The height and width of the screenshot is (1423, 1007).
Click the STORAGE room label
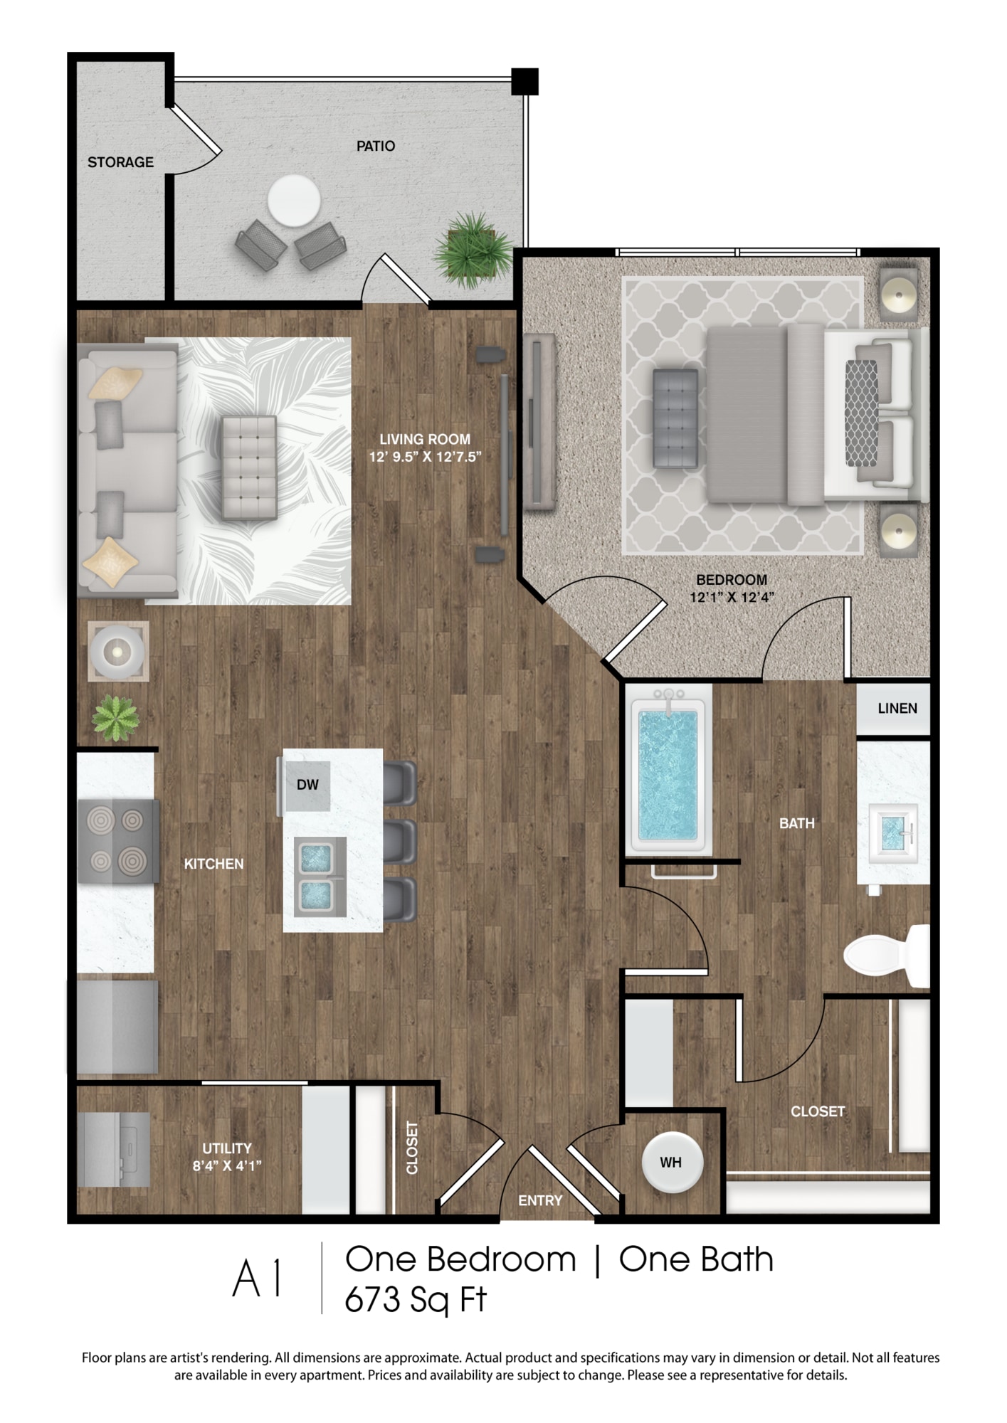point(120,162)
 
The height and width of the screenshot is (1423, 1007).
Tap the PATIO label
point(376,146)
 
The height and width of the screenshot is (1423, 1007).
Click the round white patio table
point(293,201)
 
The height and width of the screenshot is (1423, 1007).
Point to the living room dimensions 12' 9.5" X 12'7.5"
point(425,457)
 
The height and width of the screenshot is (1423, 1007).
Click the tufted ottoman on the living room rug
point(249,467)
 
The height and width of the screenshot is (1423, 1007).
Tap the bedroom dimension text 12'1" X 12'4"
point(732,598)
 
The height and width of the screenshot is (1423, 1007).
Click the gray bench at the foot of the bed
point(675,418)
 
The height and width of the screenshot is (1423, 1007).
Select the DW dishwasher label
point(307,785)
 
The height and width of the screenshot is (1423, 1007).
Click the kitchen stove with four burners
point(118,842)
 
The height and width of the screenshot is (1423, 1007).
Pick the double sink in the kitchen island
point(320,877)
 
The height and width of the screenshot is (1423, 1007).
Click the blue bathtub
point(668,773)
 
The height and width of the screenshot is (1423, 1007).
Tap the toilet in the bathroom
point(887,956)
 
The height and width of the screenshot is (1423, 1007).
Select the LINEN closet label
point(897,708)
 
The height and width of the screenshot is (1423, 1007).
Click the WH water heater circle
point(672,1162)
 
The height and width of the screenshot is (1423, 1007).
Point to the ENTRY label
point(540,1200)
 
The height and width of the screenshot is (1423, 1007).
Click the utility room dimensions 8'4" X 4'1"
point(227,1165)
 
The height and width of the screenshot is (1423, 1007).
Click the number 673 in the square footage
point(373,1299)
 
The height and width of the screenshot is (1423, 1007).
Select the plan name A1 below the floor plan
point(258,1279)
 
